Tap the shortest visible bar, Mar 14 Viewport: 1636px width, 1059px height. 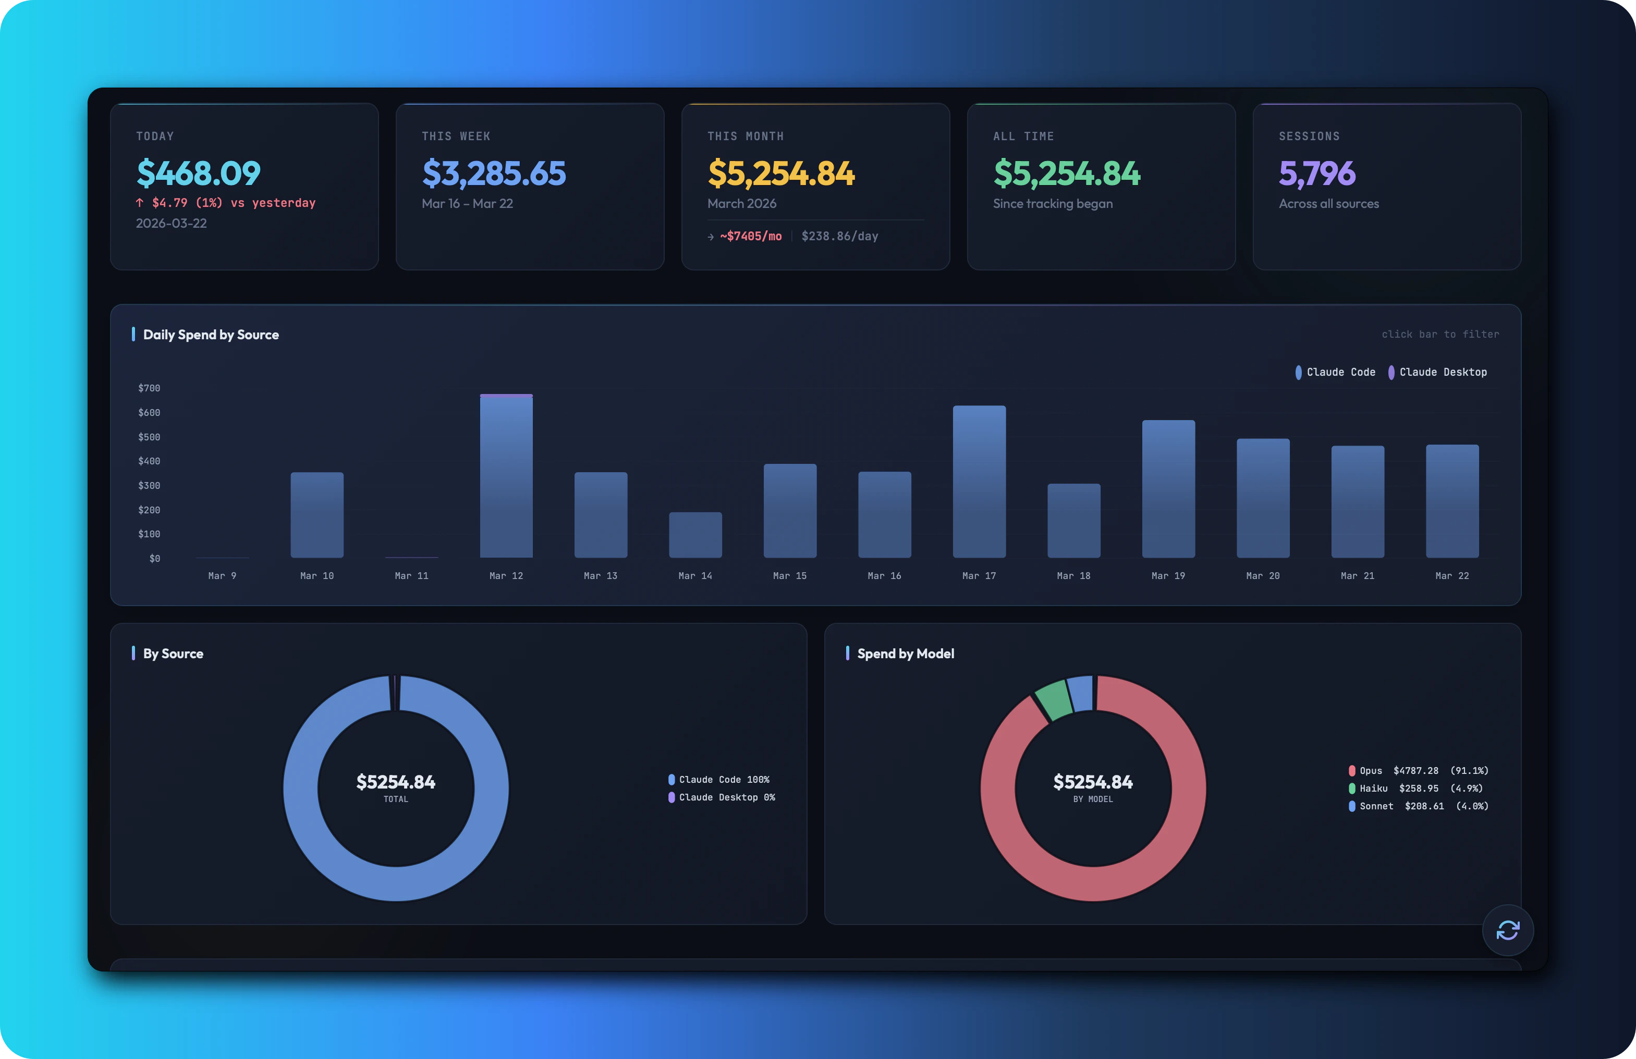click(695, 535)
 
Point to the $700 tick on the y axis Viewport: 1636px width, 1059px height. click(149, 388)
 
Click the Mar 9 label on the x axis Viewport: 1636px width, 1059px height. click(222, 576)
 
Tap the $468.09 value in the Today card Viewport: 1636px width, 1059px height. click(199, 173)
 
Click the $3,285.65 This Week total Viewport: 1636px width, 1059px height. click(494, 173)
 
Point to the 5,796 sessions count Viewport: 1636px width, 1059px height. click(1316, 173)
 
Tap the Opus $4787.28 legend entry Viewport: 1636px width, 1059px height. click(1418, 771)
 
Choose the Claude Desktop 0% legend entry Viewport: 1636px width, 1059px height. click(722, 798)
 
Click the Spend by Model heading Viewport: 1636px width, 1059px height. click(905, 654)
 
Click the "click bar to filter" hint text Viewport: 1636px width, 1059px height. click(1440, 335)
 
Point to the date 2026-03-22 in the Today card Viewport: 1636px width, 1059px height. click(171, 224)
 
